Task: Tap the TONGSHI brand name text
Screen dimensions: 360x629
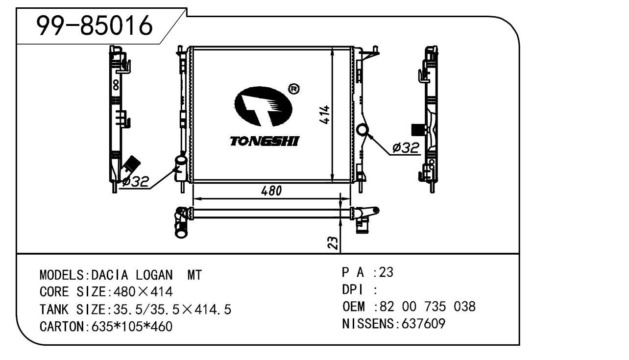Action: (x=265, y=142)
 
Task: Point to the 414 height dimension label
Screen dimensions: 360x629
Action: (x=325, y=115)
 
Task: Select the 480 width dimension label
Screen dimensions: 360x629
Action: (x=271, y=191)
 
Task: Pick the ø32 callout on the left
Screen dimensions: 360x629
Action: (x=135, y=182)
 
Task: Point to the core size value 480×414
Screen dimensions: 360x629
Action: (x=143, y=292)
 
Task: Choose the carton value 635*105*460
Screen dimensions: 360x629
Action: (x=132, y=326)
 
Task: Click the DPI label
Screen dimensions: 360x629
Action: (x=352, y=290)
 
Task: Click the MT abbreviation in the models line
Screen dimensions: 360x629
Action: (x=194, y=275)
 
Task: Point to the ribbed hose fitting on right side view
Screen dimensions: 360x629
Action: (x=416, y=129)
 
